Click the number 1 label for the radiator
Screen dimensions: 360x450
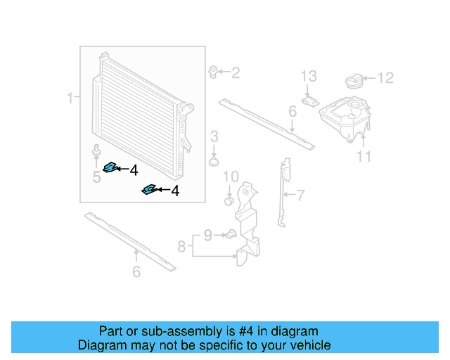pos(70,97)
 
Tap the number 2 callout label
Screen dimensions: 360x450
pos(236,72)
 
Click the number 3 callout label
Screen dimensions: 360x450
pos(214,135)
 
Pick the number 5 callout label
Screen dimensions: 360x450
pos(96,176)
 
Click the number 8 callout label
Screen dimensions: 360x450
pos(181,246)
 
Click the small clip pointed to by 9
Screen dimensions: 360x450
pos(230,234)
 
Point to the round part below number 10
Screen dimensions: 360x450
pos(229,202)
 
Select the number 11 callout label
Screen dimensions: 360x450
pos(363,156)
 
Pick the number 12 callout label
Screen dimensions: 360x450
pos(385,78)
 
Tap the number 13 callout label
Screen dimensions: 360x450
pos(309,76)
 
